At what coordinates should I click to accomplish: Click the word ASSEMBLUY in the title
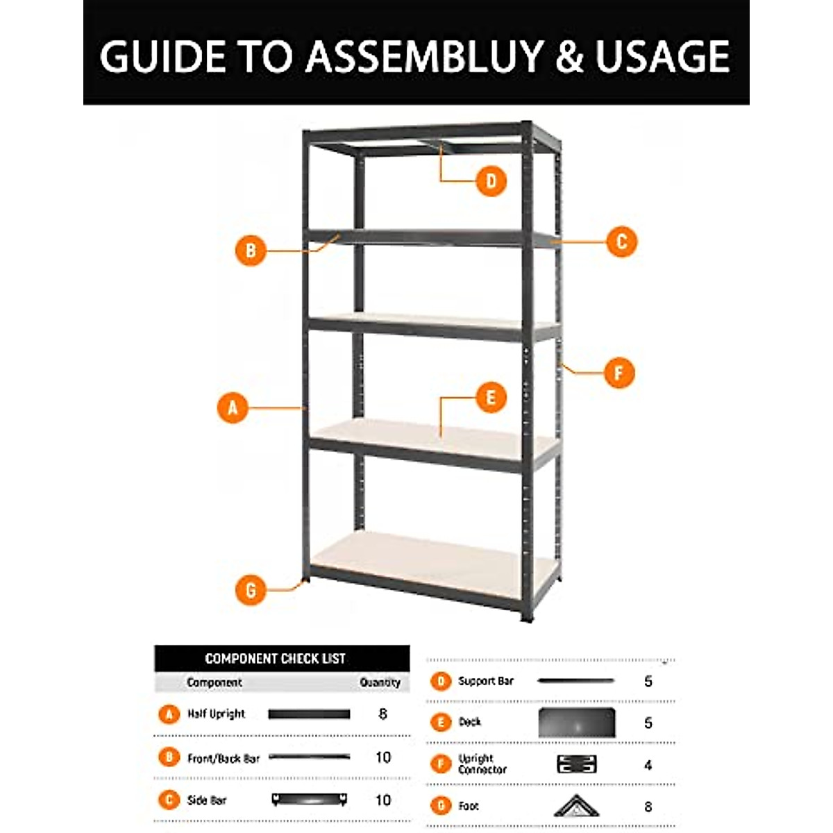[x=424, y=56]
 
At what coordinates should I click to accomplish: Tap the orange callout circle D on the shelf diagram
[x=491, y=181]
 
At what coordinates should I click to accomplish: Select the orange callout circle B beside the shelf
[x=251, y=251]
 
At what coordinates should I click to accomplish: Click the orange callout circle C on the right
[x=621, y=242]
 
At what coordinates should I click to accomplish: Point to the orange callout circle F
[x=619, y=373]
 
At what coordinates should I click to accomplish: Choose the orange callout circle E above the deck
[x=491, y=398]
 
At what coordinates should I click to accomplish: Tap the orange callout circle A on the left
[x=233, y=407]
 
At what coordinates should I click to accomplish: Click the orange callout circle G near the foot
[x=251, y=590]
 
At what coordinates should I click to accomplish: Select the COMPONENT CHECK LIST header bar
[x=282, y=658]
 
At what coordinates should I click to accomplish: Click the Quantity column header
[x=380, y=682]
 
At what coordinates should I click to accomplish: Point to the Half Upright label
[x=216, y=714]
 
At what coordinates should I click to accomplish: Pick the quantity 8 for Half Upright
[x=382, y=714]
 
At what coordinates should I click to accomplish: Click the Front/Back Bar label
[x=223, y=758]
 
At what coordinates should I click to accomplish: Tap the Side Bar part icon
[x=310, y=800]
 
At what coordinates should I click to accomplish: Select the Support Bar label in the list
[x=486, y=681]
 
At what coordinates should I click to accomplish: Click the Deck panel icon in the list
[x=577, y=723]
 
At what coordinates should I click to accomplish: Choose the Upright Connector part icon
[x=577, y=764]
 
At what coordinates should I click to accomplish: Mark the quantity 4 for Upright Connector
[x=648, y=765]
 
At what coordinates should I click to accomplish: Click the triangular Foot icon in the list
[x=576, y=806]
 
